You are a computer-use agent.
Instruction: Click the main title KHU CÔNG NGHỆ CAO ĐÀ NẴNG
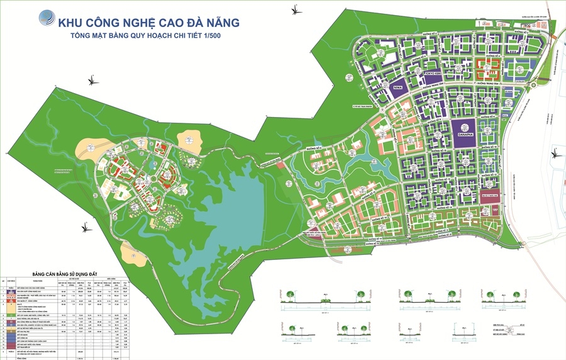[x=148, y=23]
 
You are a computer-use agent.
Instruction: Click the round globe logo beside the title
[x=47, y=20]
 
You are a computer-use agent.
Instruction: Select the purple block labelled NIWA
[x=397, y=88]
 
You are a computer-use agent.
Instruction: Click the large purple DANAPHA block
[x=462, y=132]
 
